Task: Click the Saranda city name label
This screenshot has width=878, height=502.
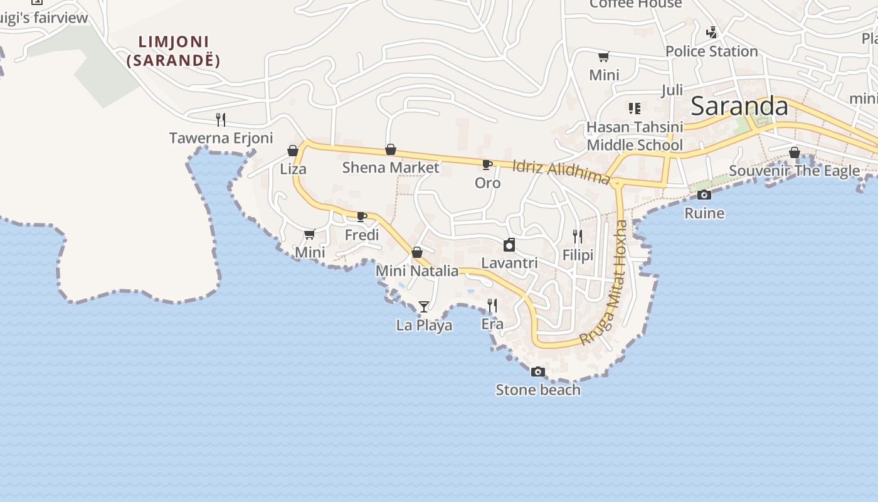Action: (x=739, y=107)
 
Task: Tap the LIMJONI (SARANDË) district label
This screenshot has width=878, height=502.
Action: (x=173, y=51)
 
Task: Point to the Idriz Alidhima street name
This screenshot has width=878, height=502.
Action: (x=561, y=171)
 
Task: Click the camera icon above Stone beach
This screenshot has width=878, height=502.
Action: (x=537, y=371)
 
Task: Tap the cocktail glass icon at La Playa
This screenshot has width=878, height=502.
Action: (x=424, y=306)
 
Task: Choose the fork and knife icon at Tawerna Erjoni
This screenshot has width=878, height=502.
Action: (x=221, y=119)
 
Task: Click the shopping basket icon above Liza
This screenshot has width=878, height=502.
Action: (x=293, y=151)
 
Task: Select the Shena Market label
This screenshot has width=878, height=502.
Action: (x=391, y=168)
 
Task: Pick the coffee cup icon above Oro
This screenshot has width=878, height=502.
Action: (x=487, y=165)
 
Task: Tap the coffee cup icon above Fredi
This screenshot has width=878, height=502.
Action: (x=362, y=217)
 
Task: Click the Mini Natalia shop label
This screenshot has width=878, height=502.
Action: (x=417, y=271)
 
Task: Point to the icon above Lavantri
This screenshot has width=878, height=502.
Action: (x=509, y=245)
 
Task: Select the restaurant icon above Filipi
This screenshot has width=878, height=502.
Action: (x=578, y=237)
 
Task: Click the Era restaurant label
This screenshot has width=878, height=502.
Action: (x=492, y=324)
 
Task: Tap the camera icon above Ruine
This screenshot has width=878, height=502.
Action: (x=704, y=195)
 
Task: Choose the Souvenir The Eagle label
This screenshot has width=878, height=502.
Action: (x=794, y=171)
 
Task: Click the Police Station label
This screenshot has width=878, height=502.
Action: (x=712, y=51)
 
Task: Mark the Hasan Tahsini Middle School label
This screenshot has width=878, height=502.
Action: (x=635, y=136)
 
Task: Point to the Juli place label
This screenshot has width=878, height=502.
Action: (x=672, y=90)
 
